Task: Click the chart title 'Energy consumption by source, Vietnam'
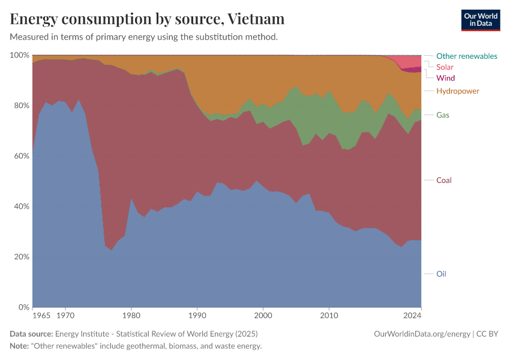pos(147,19)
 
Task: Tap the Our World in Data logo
pos(480,20)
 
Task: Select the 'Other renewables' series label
pos(466,56)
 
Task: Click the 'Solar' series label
pos(445,67)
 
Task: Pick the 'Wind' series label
pos(445,78)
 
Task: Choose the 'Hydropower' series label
pos(457,91)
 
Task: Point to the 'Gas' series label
pos(443,115)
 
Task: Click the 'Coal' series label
pos(443,180)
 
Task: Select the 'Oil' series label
pos(441,274)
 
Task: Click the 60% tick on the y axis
pos(21,156)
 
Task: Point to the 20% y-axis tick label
pos(21,257)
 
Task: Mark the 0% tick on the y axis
pos(23,307)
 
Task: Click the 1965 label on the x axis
pos(41,314)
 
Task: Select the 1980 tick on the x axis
pos(131,314)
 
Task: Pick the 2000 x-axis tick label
pos(263,314)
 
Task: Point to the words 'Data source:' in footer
pos(31,334)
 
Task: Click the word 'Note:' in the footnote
pos(21,346)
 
